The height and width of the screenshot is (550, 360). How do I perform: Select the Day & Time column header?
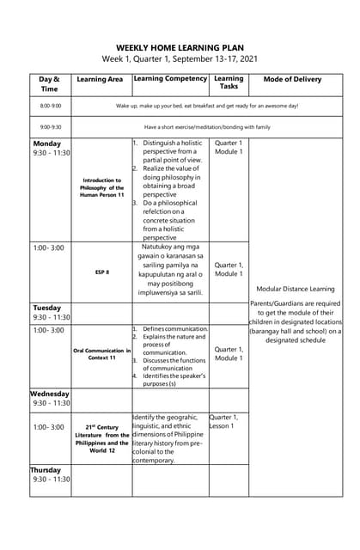click(50, 83)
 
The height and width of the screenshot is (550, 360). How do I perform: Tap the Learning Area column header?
click(100, 79)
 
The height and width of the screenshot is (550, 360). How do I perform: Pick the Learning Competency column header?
click(170, 78)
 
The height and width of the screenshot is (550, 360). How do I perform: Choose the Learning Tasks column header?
click(229, 82)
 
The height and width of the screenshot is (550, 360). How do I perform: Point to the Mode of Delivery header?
click(292, 79)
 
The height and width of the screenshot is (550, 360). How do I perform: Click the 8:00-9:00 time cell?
click(50, 106)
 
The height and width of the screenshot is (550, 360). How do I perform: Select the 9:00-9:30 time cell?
click(50, 126)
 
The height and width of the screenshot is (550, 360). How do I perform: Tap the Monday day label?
click(46, 143)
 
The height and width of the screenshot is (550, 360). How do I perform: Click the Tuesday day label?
click(47, 308)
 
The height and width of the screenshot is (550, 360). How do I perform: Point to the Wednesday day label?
click(50, 394)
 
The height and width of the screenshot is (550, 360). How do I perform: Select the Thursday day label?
click(46, 470)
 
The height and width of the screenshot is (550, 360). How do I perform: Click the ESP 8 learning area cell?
click(101, 272)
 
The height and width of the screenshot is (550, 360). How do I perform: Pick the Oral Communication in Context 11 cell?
click(101, 354)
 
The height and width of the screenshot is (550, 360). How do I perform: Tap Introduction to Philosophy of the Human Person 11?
click(101, 187)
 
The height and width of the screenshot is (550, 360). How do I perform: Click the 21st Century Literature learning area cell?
click(101, 438)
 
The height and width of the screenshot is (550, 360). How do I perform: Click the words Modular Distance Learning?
click(296, 289)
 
